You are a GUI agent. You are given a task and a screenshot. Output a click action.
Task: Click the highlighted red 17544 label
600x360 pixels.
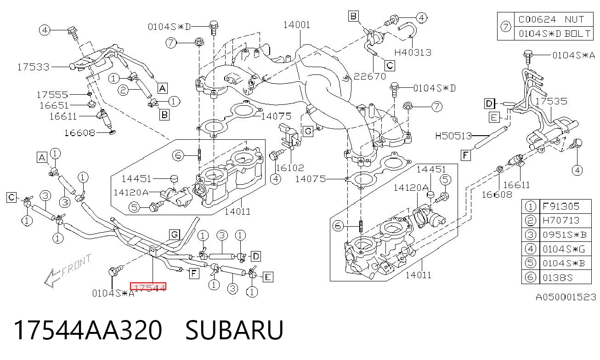tap(148, 286)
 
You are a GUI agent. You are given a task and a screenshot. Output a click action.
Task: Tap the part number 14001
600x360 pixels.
tap(297, 25)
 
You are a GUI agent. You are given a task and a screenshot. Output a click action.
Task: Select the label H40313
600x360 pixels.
tap(413, 52)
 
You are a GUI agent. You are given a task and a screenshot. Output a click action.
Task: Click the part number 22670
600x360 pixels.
tap(370, 76)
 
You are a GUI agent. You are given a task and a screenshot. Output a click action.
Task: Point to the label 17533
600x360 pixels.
tap(34, 67)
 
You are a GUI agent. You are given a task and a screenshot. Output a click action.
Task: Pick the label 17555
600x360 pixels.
tap(52, 95)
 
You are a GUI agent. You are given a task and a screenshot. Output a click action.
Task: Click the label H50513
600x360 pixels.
tap(453, 136)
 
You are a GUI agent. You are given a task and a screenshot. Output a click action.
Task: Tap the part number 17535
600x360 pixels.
tap(551, 101)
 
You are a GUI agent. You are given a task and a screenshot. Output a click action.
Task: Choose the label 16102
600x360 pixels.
tap(290, 168)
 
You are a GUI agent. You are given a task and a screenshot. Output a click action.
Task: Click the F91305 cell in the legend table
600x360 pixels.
tap(561, 206)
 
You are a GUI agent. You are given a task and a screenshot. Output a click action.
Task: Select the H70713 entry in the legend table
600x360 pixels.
tap(561, 220)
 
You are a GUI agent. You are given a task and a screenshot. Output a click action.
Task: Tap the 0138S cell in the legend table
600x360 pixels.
tap(558, 277)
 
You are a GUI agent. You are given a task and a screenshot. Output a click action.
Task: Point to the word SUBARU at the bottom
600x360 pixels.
tap(234, 330)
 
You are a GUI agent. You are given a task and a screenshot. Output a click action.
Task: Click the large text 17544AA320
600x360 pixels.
tap(88, 330)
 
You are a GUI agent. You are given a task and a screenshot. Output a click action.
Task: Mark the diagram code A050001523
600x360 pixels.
tap(566, 297)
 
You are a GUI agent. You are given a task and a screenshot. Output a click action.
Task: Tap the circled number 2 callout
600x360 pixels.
tap(123, 90)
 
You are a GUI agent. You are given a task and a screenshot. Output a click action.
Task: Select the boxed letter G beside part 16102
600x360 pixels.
tap(308, 131)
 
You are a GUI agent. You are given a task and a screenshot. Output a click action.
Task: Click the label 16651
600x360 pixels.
tap(54, 105)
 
